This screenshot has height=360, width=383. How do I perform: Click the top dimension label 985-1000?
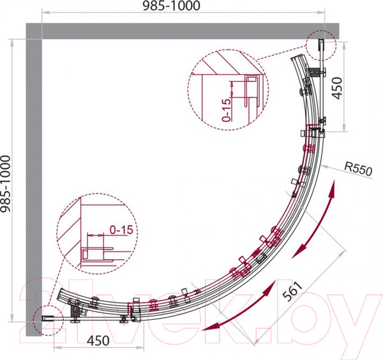coord(171,6)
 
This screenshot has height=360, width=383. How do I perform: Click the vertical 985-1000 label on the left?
coord(5,184)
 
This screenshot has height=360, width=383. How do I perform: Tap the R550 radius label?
coord(358,169)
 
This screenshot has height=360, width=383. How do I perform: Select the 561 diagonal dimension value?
coord(292,291)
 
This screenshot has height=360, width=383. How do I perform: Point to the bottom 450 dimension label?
coord(98,341)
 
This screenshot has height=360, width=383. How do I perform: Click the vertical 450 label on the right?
coord(337,88)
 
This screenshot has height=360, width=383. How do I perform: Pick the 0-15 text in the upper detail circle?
coord(227,110)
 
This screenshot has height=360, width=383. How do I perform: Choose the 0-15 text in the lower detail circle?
coord(121,230)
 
